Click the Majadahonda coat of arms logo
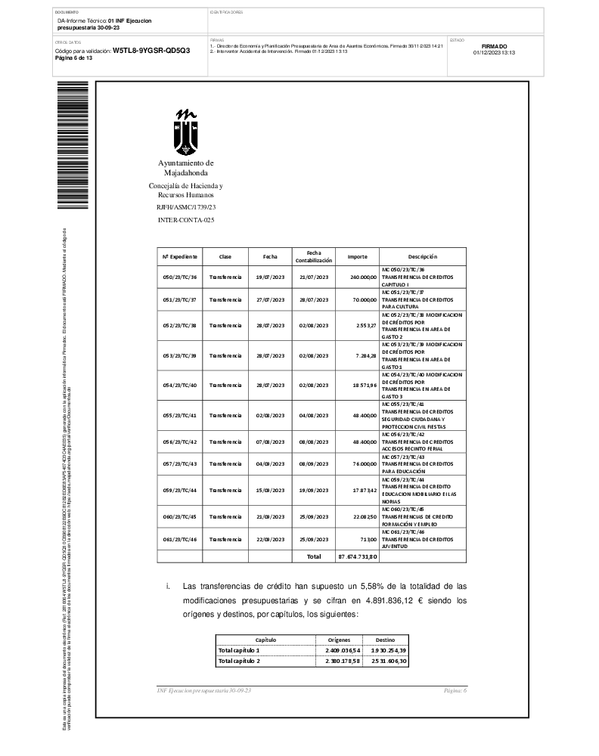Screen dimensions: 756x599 (186, 132)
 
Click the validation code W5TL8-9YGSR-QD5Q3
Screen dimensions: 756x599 (151, 50)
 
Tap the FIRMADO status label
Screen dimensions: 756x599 (494, 46)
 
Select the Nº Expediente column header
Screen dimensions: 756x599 (179, 256)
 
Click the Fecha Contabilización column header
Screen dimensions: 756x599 (314, 256)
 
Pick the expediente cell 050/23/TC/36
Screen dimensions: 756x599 (179, 277)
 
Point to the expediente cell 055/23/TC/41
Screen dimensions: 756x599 (179, 415)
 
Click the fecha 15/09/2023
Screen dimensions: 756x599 (270, 490)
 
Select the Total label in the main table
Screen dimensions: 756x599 (313, 556)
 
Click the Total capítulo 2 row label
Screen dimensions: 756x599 (239, 661)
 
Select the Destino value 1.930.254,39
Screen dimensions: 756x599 (388, 649)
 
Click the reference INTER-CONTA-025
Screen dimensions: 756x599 (185, 219)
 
